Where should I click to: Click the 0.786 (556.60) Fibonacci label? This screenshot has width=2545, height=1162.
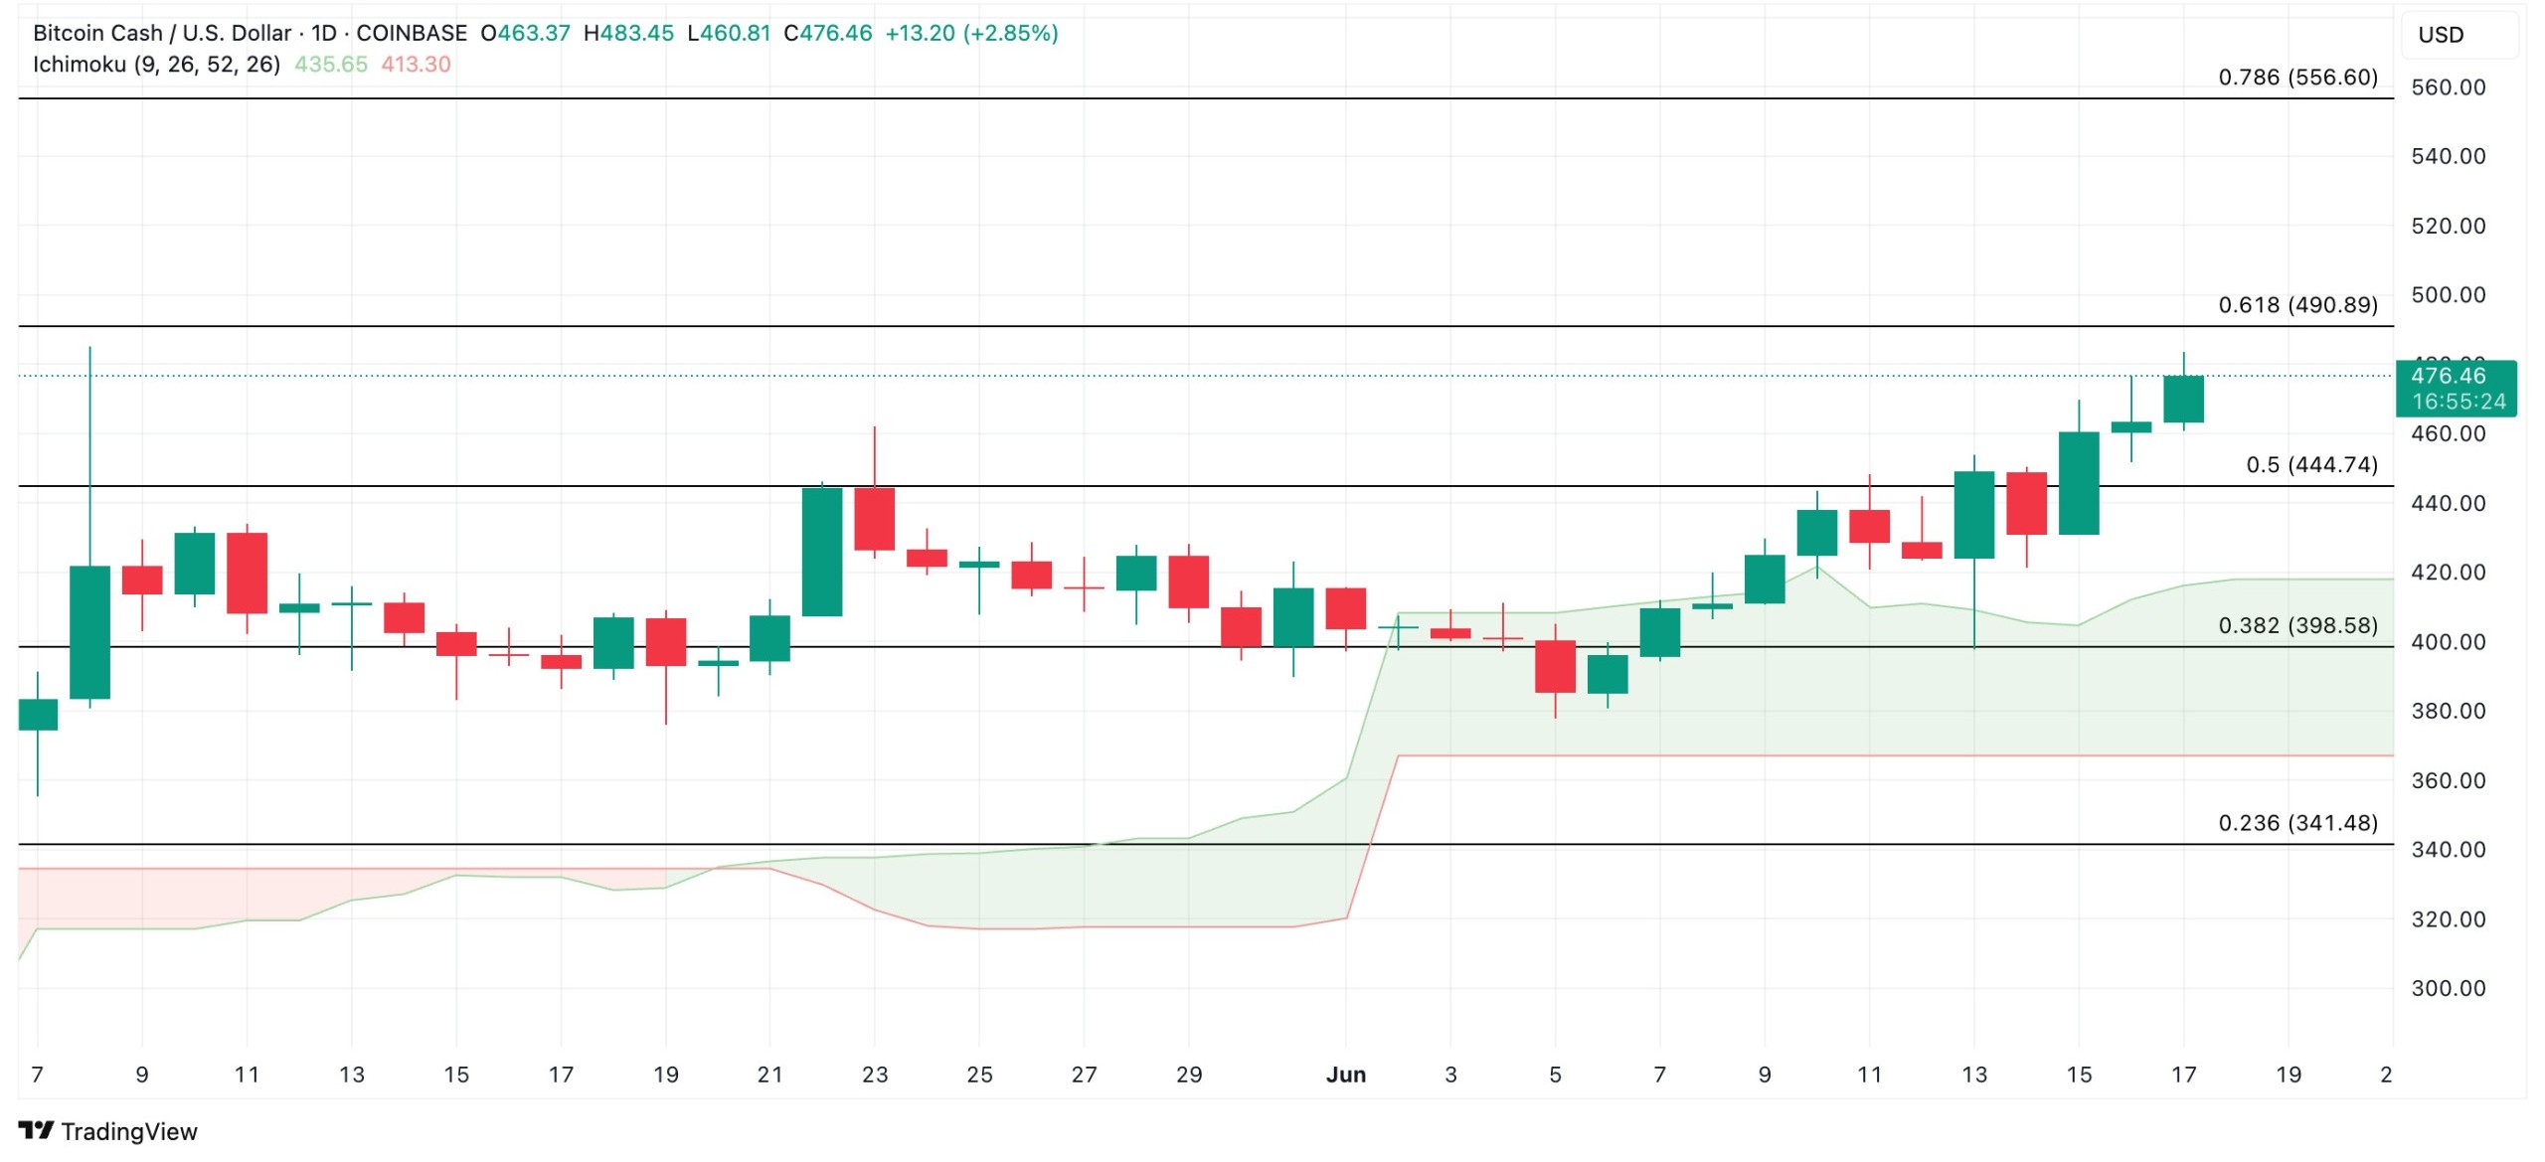click(2296, 78)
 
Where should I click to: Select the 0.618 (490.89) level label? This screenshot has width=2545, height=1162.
click(2296, 305)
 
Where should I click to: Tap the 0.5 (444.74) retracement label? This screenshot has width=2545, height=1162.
click(2310, 465)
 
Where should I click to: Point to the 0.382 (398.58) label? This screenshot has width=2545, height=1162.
click(2296, 625)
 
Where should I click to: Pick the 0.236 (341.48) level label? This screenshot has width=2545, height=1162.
click(2296, 823)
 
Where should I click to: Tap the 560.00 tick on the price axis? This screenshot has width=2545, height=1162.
click(2448, 87)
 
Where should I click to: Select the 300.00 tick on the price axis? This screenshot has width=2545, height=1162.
click(2448, 988)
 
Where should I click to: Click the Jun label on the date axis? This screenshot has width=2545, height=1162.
click(1346, 1075)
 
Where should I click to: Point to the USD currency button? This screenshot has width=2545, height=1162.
click(2441, 35)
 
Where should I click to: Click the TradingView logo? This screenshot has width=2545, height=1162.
click(107, 1131)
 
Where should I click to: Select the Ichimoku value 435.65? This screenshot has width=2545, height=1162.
click(330, 65)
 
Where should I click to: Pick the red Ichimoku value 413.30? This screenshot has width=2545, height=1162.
click(416, 65)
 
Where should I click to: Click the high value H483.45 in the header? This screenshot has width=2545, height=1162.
click(628, 33)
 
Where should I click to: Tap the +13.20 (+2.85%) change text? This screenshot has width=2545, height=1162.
click(971, 33)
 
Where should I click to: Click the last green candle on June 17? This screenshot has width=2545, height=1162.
click(2183, 400)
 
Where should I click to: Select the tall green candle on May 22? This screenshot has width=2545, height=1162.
click(822, 552)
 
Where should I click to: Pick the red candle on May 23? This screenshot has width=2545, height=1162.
click(875, 519)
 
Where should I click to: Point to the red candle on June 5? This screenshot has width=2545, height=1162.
click(1555, 667)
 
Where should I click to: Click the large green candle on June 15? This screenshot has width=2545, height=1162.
click(2079, 483)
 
